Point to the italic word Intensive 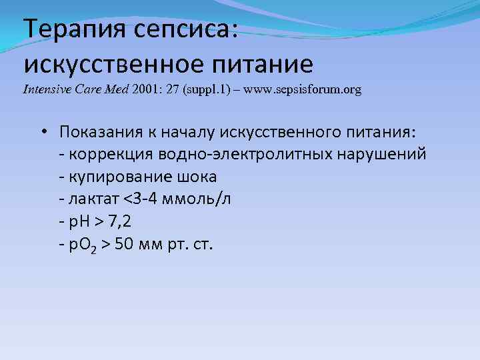(47, 89)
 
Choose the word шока (196, 177)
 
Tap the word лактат (90, 199)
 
